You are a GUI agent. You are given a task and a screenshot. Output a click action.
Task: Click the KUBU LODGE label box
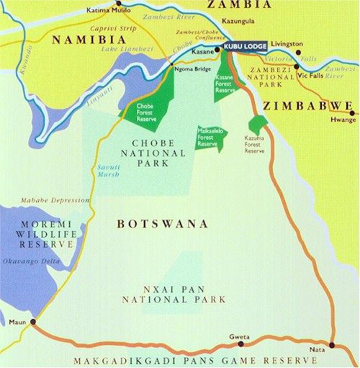[x=246, y=46]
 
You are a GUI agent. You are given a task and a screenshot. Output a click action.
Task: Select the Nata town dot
[x=331, y=345]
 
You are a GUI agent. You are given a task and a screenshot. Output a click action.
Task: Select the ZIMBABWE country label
[x=307, y=105]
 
